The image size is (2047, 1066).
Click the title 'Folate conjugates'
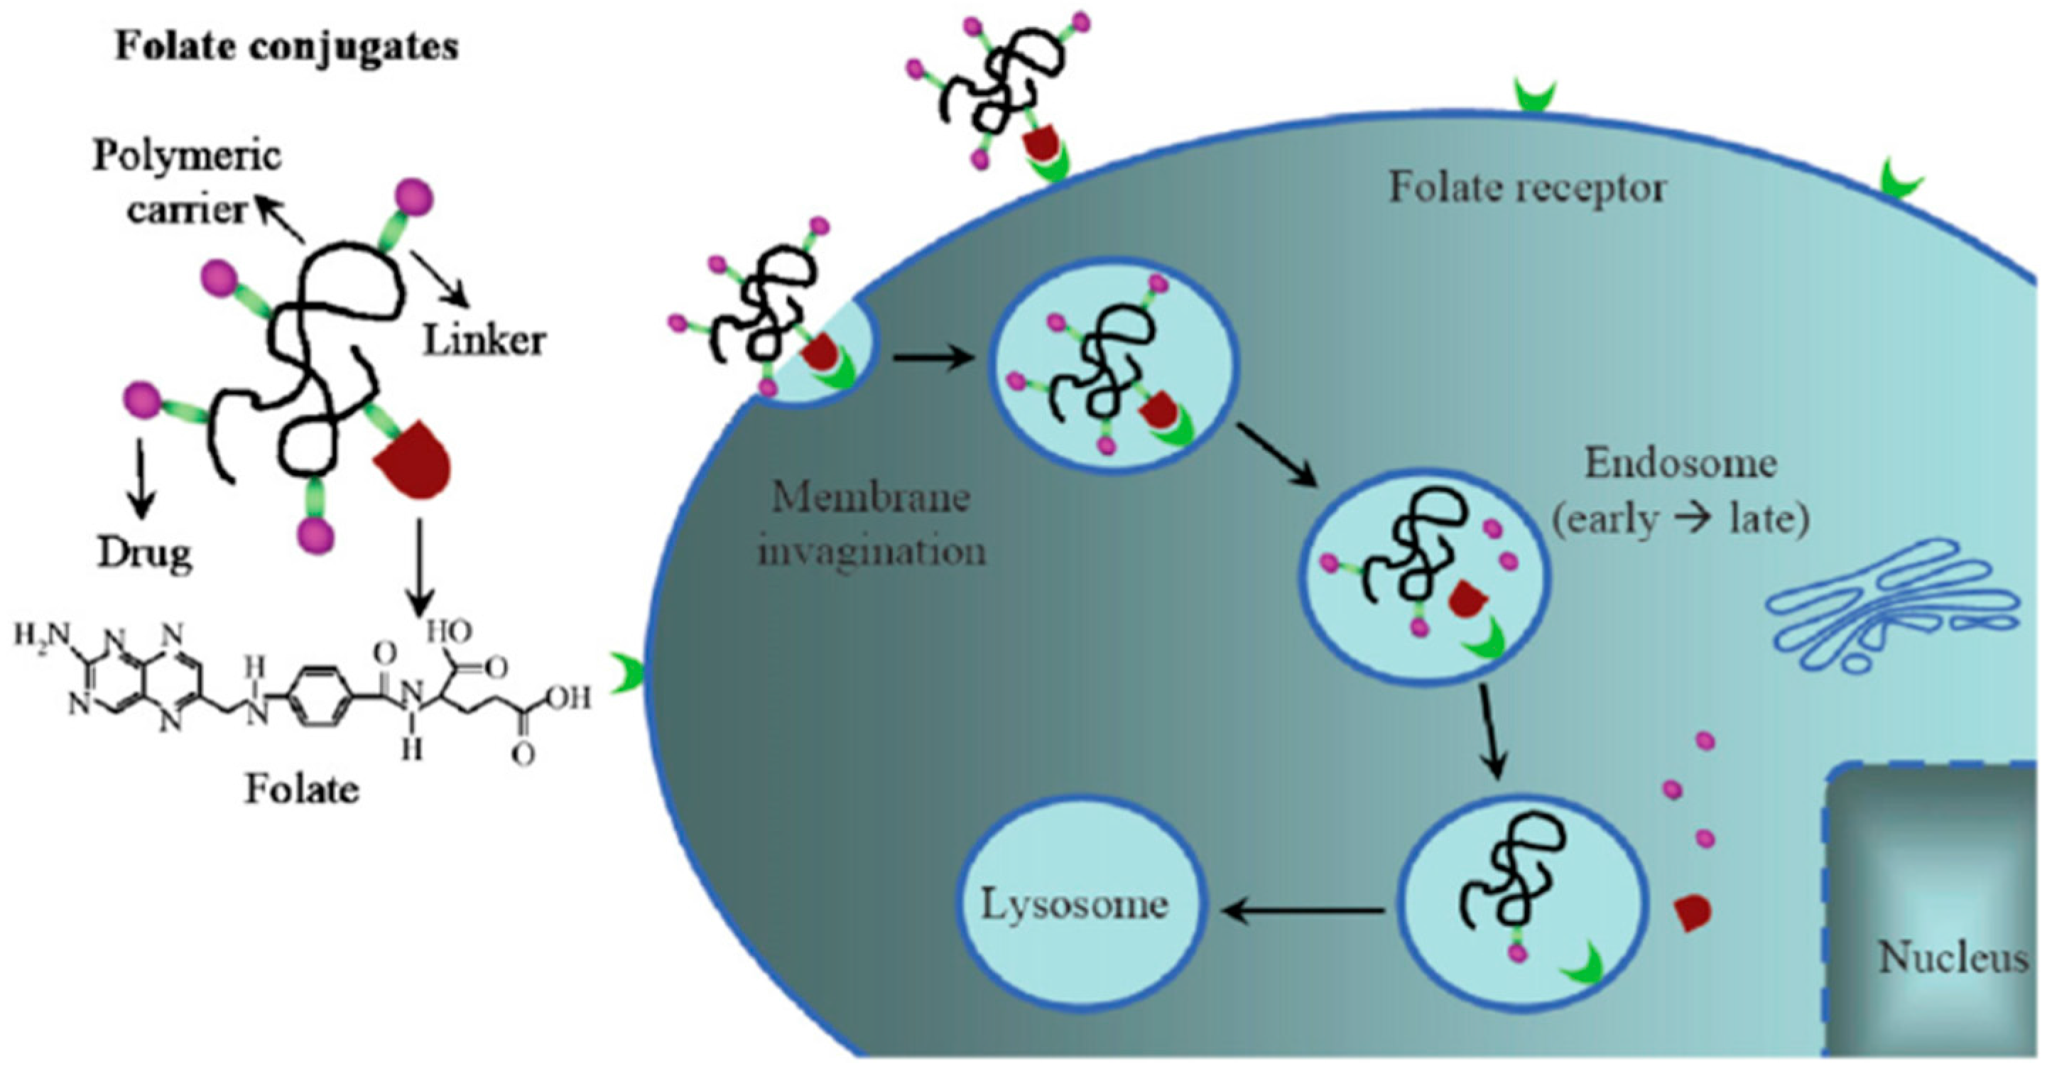287,46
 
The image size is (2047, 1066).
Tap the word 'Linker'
484,342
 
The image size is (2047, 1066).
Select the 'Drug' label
145,554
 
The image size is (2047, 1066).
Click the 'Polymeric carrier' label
188,183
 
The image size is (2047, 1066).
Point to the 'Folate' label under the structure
301,790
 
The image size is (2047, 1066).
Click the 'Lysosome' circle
1075,905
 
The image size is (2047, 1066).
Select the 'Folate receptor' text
1526,189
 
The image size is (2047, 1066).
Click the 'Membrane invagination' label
871,524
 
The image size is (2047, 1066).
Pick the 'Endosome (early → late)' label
1681,492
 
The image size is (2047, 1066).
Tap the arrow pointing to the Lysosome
1303,912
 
